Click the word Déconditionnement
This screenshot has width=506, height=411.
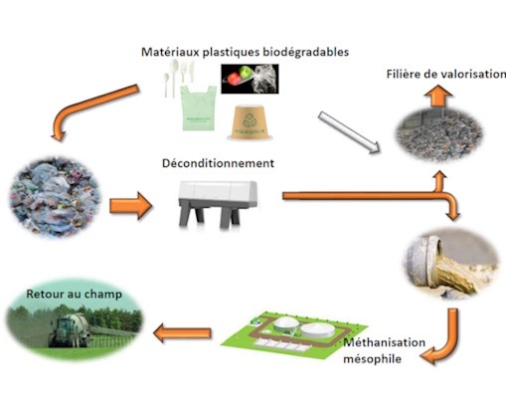click(218, 163)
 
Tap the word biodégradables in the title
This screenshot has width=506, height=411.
click(305, 52)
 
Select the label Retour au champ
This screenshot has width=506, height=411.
click(74, 294)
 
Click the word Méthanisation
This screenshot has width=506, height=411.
click(385, 342)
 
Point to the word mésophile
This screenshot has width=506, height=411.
click(372, 359)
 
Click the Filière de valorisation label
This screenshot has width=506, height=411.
click(446, 74)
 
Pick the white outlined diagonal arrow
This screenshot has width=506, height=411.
click(349, 132)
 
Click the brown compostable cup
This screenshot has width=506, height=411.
click(251, 122)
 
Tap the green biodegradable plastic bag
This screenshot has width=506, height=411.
click(198, 108)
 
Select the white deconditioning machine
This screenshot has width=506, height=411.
click(218, 203)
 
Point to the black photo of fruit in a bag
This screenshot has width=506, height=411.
click(250, 79)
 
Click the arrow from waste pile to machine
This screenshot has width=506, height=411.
click(130, 206)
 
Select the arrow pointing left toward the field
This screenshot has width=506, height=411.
click(182, 333)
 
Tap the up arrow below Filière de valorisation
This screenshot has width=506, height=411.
click(438, 96)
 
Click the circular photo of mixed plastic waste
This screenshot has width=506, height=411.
click(55, 197)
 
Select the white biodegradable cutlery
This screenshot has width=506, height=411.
click(179, 78)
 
